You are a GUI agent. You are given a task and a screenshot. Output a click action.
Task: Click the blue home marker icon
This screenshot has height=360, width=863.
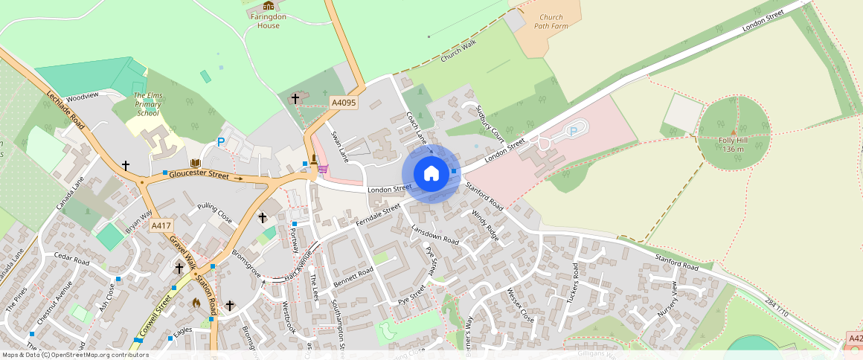(431, 173)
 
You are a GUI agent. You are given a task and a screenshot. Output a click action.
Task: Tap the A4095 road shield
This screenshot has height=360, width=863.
(344, 103)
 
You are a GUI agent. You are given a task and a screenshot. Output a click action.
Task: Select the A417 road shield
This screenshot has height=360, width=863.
(160, 225)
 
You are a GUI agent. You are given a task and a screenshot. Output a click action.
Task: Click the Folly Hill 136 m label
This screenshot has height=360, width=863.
(732, 144)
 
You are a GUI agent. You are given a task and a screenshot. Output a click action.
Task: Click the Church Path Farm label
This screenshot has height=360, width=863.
(551, 22)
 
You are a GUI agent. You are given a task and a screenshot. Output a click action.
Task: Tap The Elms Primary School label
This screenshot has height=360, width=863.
(147, 104)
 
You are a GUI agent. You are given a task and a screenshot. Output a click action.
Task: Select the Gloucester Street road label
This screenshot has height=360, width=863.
(198, 175)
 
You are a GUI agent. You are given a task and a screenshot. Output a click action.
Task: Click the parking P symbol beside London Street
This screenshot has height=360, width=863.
(573, 131)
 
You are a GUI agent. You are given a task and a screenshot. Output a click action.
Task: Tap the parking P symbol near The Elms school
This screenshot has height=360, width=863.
(220, 141)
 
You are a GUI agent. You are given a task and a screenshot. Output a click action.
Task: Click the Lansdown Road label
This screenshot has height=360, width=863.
(435, 236)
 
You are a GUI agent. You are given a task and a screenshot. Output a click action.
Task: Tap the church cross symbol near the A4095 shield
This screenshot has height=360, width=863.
(295, 98)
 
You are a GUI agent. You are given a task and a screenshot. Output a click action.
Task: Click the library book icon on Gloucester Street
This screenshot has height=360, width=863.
(195, 163)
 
